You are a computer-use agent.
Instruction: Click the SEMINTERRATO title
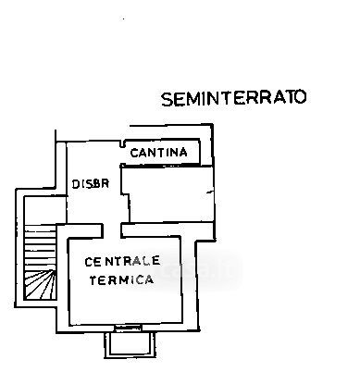[x=234, y=98]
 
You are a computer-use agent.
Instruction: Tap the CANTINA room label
[x=159, y=153]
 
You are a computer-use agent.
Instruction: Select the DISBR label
[x=91, y=184]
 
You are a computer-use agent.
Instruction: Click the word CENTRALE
[x=122, y=262]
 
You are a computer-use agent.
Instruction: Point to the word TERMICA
[x=121, y=279]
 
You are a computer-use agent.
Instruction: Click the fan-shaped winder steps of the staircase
[x=41, y=284]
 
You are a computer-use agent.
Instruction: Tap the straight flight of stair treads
[x=41, y=247]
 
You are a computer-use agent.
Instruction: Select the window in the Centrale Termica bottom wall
[x=128, y=328]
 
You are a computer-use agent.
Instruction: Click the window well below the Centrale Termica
[x=130, y=345]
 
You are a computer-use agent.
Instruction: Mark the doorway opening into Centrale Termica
[x=112, y=230]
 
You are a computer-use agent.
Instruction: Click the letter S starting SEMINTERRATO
[x=168, y=100]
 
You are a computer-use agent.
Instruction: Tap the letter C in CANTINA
[x=134, y=153]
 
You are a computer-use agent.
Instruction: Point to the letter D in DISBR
[x=75, y=184]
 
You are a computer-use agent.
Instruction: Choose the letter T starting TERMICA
[x=93, y=280]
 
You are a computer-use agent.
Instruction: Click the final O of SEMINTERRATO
[x=301, y=97]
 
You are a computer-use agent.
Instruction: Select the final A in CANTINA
[x=183, y=153]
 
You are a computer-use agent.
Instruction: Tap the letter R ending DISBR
[x=106, y=183]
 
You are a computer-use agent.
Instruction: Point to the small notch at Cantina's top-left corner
[x=122, y=143]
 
